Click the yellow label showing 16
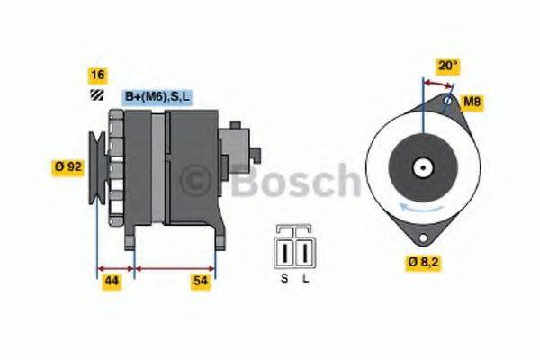click(x=97, y=76)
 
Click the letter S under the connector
click(x=284, y=280)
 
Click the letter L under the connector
click(x=305, y=280)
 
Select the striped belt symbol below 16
click(x=95, y=96)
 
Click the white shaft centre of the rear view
click(x=421, y=167)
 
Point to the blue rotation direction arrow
click(x=423, y=209)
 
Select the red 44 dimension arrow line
click(x=114, y=267)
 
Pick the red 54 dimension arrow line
click(x=175, y=267)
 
